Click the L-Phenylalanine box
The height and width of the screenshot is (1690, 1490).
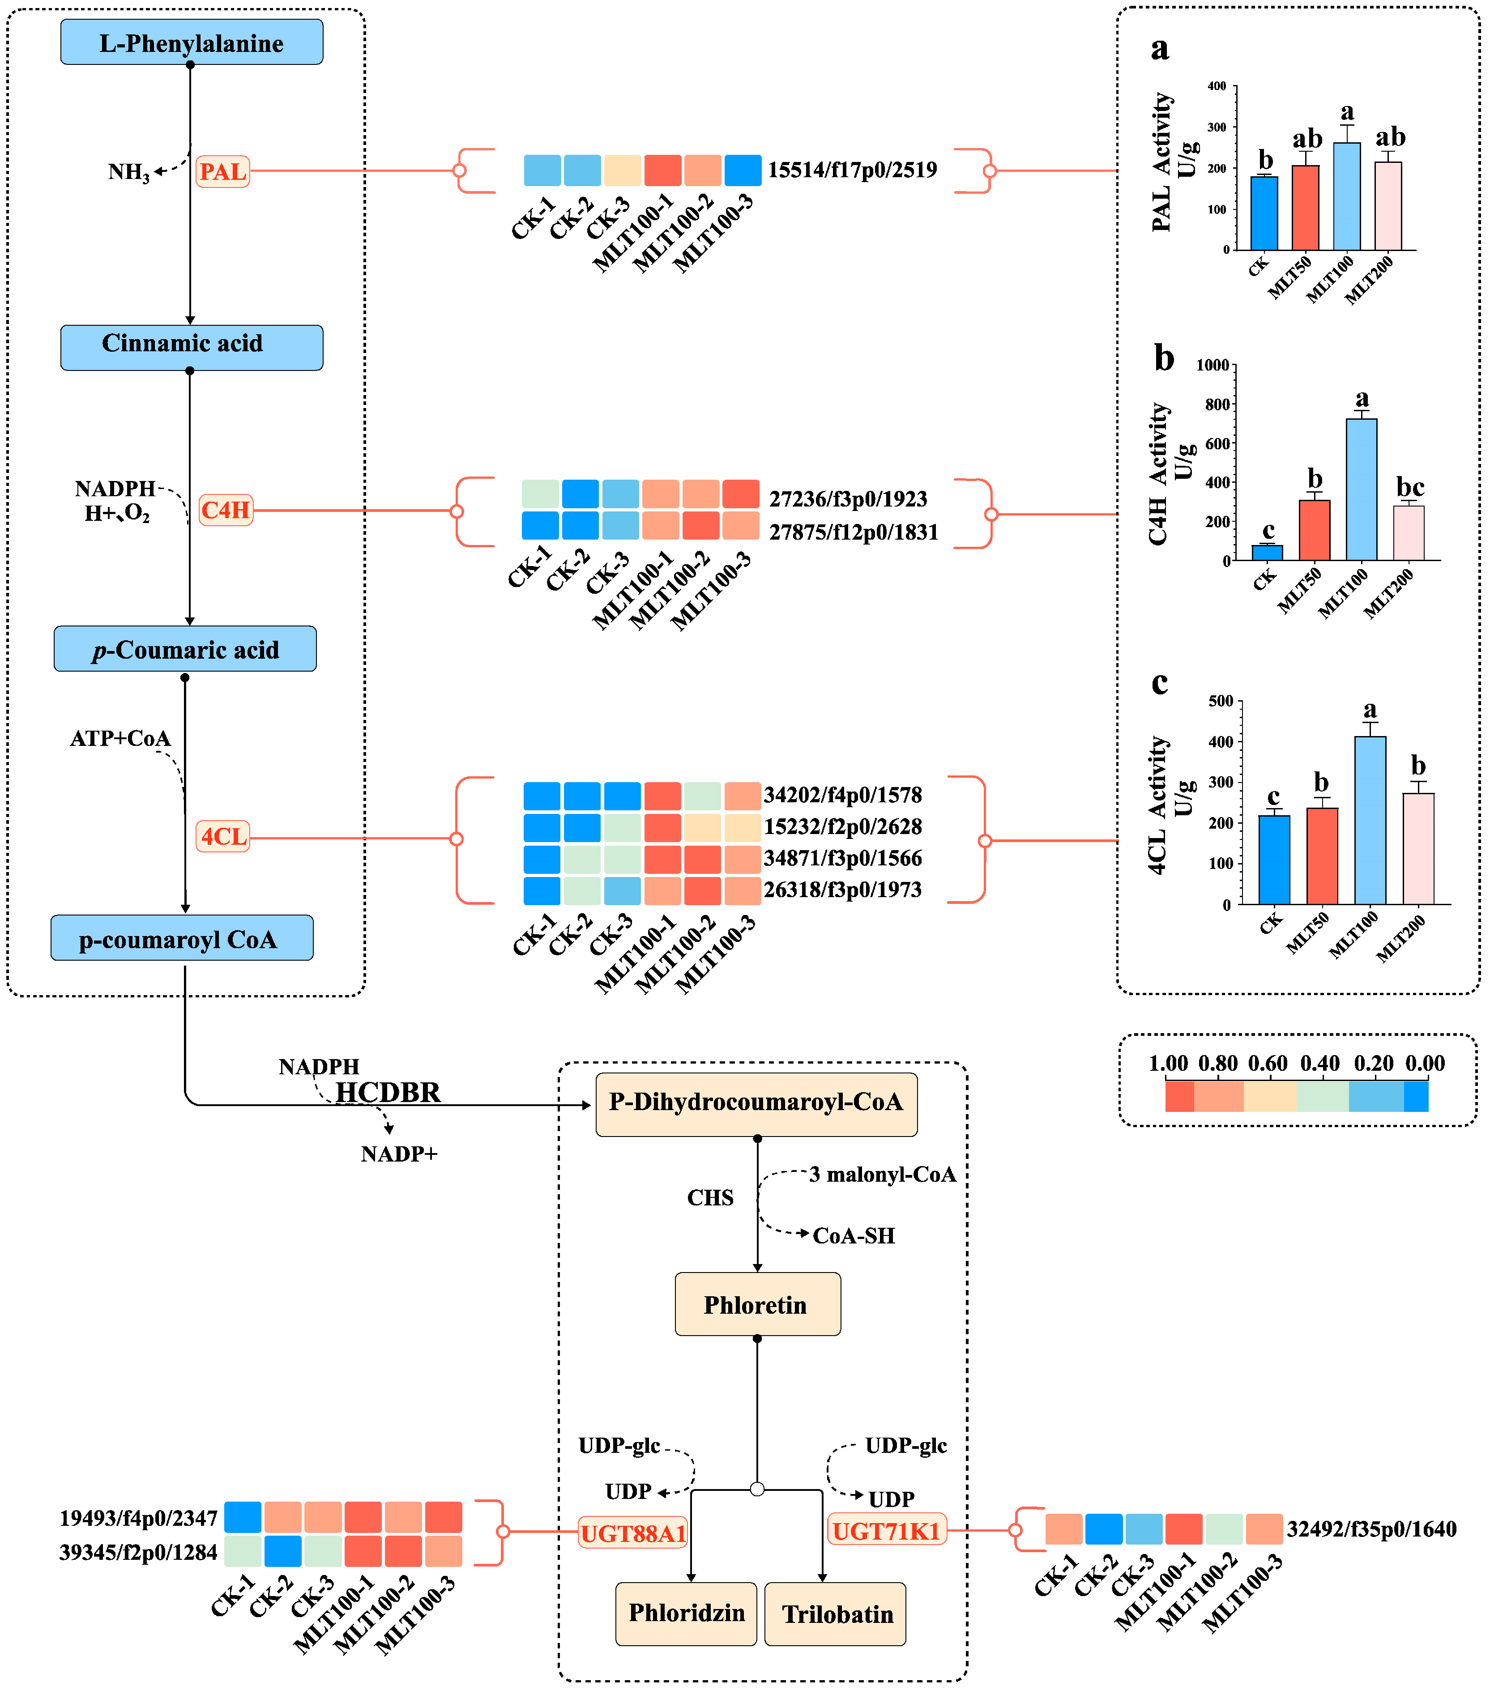click(x=191, y=42)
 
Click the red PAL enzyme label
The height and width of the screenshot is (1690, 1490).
click(x=222, y=172)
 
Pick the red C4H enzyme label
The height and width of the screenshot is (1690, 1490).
click(x=225, y=510)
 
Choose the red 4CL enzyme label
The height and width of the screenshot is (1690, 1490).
click(x=223, y=837)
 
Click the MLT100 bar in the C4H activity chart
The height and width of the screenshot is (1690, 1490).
click(x=1361, y=490)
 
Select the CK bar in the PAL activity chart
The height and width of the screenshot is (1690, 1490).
click(x=1264, y=213)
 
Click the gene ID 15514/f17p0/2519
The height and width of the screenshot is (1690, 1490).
click(x=852, y=170)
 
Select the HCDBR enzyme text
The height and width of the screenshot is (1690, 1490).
click(x=388, y=1092)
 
